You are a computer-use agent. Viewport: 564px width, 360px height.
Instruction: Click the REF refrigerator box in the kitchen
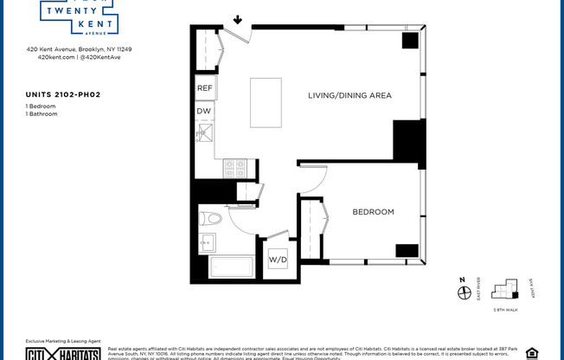click(x=205, y=88)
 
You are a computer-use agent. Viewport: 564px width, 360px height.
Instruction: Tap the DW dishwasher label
click(x=204, y=111)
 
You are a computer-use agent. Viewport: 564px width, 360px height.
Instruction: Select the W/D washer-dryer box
click(x=278, y=259)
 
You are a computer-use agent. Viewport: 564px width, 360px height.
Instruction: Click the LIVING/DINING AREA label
click(x=350, y=95)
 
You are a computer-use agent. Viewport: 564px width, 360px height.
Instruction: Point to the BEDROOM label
click(x=373, y=212)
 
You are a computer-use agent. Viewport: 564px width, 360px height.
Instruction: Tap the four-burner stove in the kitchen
click(x=236, y=168)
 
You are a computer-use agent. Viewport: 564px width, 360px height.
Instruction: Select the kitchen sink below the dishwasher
click(x=205, y=132)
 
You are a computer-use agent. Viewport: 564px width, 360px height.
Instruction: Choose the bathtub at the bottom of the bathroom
click(x=231, y=267)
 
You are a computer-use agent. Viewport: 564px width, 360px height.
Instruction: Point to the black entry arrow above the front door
click(x=238, y=19)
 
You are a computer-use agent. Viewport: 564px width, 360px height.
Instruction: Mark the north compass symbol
click(x=462, y=292)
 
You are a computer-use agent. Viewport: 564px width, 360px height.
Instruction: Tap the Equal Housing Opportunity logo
click(x=532, y=352)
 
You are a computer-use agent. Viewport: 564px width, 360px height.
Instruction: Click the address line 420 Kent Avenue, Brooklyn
click(x=79, y=49)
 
